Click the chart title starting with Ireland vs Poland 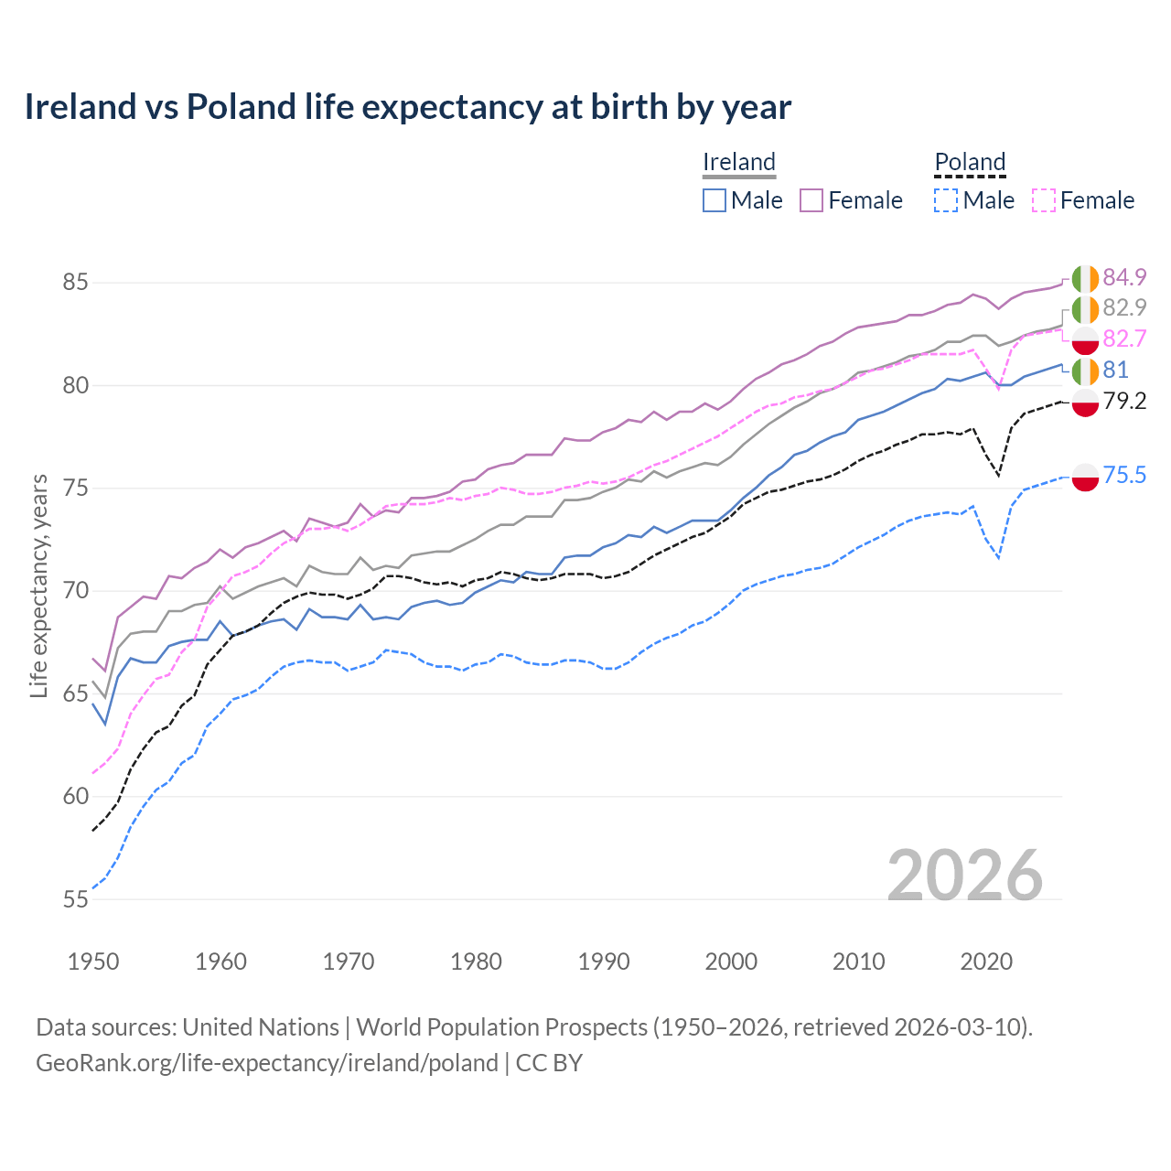point(407,107)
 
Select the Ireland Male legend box point(714,200)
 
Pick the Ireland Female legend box point(811,200)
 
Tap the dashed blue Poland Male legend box point(946,200)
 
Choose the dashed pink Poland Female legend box point(1044,200)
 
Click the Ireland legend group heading point(739,162)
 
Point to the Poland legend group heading point(970,162)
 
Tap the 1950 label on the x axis point(93,962)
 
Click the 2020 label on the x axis point(986,962)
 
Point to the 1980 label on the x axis point(476,962)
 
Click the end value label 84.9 point(1124,277)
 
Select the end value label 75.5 point(1124,475)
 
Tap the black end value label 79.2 point(1124,401)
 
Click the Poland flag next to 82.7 point(1085,340)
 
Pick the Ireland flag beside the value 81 point(1085,371)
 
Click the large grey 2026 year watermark point(964,876)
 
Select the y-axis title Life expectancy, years point(38,585)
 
